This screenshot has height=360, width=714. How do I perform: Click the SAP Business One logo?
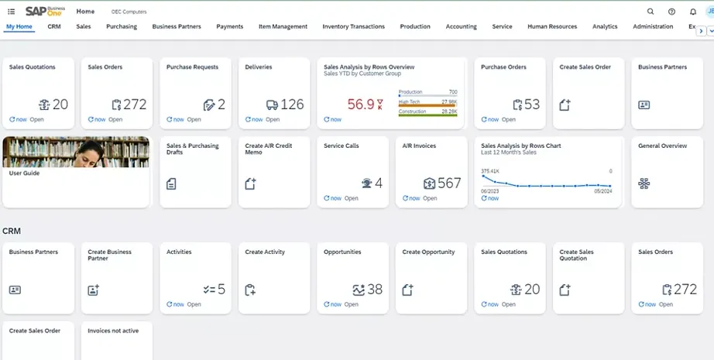coord(45,11)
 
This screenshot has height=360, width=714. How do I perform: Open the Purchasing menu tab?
coord(122,26)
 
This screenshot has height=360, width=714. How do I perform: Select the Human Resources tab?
coord(551,26)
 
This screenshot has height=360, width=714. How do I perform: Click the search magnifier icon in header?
coord(650,12)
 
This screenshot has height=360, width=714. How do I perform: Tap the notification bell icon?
coord(692,12)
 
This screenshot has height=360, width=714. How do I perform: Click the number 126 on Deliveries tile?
coord(292,105)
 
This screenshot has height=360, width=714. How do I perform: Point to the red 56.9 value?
coord(361,105)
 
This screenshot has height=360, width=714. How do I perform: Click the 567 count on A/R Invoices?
coord(449,183)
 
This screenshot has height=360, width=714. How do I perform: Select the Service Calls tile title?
coord(341,146)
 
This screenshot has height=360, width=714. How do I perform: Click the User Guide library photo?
coord(76,152)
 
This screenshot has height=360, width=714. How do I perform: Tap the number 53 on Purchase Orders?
coord(532,105)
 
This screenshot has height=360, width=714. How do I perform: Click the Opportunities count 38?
coord(375,290)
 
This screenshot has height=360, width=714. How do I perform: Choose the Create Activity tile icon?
coord(250,290)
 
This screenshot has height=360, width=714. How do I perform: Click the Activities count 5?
coord(221,290)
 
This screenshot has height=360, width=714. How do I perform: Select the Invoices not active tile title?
coord(113,331)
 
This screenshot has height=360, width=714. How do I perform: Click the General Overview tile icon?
coord(644,183)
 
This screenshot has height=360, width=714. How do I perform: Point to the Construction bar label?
coord(412,111)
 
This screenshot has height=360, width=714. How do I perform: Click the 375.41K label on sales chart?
coord(490,171)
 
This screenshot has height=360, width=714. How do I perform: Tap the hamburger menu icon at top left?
coord(11,12)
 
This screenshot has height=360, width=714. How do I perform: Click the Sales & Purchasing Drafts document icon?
coord(171,183)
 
